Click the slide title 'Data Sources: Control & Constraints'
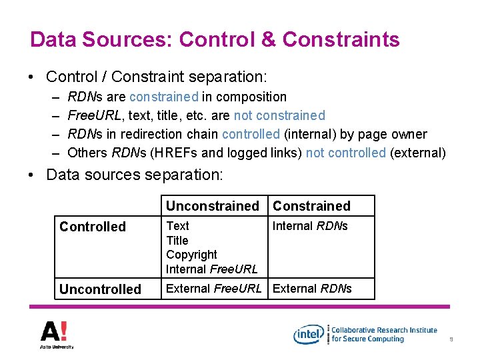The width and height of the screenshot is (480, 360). click(215, 39)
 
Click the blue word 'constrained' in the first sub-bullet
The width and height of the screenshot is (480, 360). click(164, 97)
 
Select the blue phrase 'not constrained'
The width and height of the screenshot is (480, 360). click(282, 115)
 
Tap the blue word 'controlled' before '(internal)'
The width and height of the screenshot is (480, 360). click(251, 134)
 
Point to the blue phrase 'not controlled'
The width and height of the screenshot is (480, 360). click(345, 153)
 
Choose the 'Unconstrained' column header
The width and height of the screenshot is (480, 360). click(212, 206)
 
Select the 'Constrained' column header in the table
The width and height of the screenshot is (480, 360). click(311, 206)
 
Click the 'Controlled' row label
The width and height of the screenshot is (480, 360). click(93, 227)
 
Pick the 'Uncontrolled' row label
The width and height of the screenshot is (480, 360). click(100, 289)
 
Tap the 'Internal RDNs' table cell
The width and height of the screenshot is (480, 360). click(310, 226)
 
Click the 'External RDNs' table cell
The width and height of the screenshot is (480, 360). click(312, 289)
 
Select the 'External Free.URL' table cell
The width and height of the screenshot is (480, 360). click(213, 289)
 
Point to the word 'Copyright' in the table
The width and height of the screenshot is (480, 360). click(191, 255)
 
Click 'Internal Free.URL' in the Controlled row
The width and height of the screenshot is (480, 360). click(211, 269)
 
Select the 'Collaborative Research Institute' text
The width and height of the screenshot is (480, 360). click(384, 330)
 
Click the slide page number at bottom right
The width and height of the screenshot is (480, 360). click(451, 339)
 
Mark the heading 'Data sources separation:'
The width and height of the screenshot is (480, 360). click(135, 175)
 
